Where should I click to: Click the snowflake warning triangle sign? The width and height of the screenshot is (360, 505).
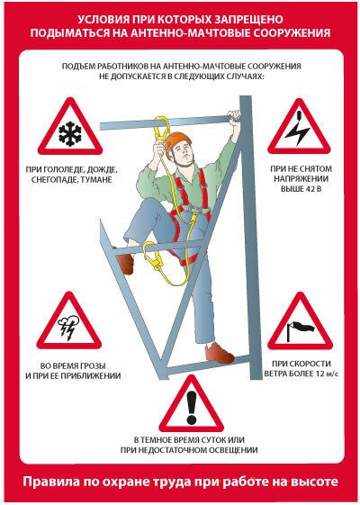click(70, 129)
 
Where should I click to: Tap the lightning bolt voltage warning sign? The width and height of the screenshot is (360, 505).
click(300, 129)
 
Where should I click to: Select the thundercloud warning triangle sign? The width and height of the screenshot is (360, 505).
click(69, 324)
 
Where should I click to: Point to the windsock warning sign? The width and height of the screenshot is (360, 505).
click(300, 324)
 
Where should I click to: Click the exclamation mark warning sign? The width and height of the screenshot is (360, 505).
click(192, 407)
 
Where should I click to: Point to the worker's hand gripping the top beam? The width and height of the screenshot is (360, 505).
click(234, 116)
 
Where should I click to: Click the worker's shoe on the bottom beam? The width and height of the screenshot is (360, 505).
click(219, 353)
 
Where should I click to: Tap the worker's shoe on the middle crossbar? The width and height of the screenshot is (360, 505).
click(125, 262)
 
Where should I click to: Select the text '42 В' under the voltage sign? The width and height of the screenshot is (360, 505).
click(311, 189)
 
